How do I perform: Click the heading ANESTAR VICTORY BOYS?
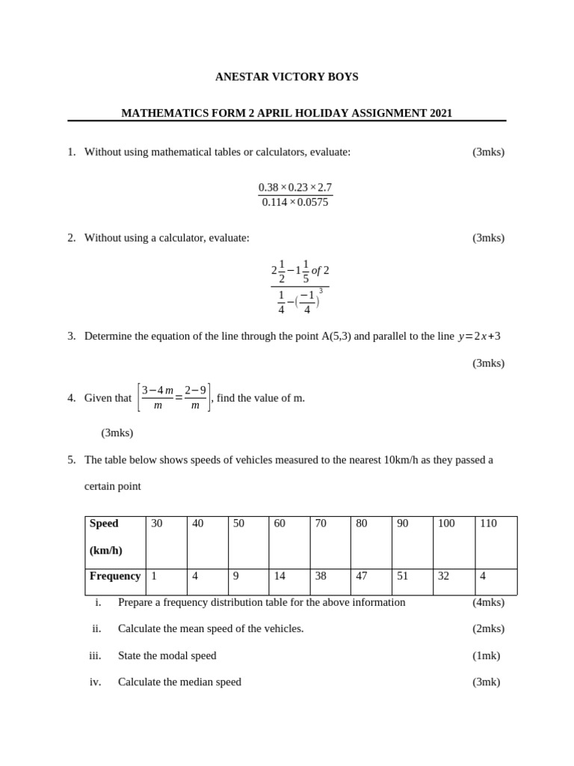point(286,77)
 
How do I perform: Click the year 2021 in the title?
point(441,114)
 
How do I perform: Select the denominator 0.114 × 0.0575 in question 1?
point(295,203)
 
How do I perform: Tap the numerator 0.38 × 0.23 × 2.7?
point(295,187)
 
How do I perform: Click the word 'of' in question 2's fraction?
point(315,271)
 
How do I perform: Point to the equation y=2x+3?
point(479,337)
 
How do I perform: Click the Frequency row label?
point(115,576)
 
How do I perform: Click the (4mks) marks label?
point(488,602)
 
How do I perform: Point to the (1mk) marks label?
point(486,655)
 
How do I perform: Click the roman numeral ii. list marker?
point(96,628)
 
